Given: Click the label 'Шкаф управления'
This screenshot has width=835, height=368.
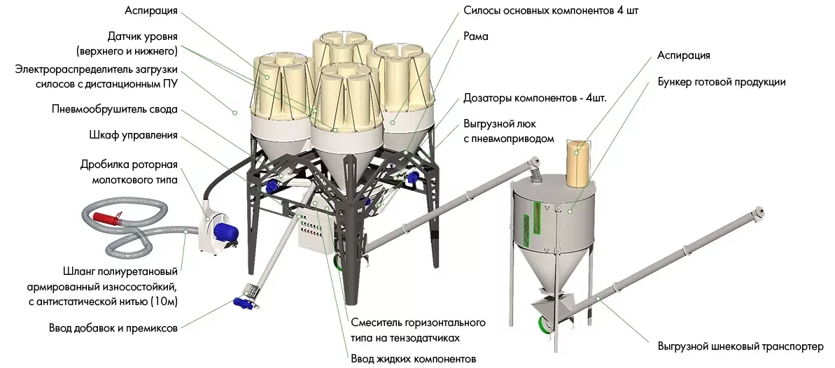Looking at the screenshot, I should (x=133, y=135).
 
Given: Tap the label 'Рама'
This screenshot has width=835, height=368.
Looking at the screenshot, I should (x=476, y=36).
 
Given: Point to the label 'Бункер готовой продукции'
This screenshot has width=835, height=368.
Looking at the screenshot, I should (x=721, y=82).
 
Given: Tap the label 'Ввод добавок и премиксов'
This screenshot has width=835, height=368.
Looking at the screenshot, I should (x=113, y=327).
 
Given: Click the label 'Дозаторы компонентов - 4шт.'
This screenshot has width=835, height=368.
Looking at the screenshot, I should (x=535, y=98).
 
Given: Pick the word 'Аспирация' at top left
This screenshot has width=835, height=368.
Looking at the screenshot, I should (x=149, y=12).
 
